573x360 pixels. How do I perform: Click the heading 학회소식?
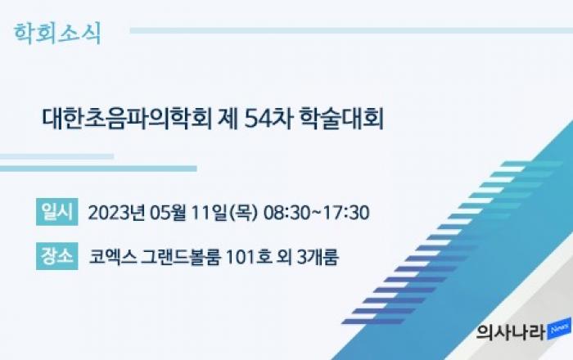click(57, 34)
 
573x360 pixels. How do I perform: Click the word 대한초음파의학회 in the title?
click(127, 118)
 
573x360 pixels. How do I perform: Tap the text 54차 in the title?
click(268, 118)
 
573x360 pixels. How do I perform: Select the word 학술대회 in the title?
click(341, 118)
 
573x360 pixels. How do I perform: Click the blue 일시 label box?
click(57, 212)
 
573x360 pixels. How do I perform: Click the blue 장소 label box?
click(57, 256)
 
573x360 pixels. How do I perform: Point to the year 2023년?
click(116, 213)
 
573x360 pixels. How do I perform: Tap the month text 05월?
click(168, 213)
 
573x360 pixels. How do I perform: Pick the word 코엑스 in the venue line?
click(113, 257)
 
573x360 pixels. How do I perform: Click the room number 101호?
click(249, 257)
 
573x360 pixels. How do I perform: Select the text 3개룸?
click(318, 257)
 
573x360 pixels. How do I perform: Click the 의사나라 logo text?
click(512, 332)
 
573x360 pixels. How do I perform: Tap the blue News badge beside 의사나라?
click(559, 329)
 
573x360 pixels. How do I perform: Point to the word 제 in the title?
click(228, 118)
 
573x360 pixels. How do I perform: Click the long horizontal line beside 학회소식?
click(351, 30)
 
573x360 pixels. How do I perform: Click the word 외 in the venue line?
click(284, 257)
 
